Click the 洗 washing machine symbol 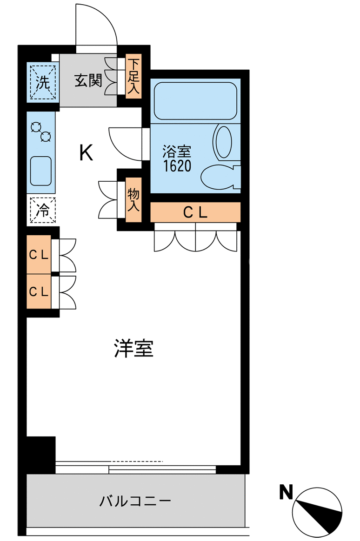pos(43,82)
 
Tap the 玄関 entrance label pos(88,81)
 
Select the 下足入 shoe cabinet pos(133,76)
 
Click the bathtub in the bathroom pos(195,101)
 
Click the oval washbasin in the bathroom pos(224,142)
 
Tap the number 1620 pos(177,166)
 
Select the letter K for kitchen pos(86,152)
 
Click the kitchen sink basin pos(41,171)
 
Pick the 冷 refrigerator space pos(43,210)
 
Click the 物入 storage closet pos(133,200)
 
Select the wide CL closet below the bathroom pos(195,212)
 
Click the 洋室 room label pos(134,349)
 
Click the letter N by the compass pos(286,492)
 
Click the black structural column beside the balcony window pos(41,455)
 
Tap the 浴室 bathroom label pos(177,152)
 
